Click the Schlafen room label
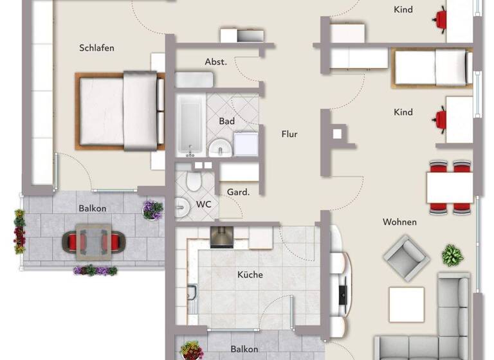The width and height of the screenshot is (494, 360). point(96,48)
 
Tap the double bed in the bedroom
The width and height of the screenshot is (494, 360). point(120,111)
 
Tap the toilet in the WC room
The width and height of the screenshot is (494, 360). point(191,183)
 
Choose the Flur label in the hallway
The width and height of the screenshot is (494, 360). point(289,134)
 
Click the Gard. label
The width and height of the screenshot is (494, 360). point(238,192)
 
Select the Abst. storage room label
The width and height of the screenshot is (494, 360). point(215,62)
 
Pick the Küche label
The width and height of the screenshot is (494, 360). point(250,274)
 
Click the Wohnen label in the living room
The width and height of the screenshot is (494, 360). point(399,222)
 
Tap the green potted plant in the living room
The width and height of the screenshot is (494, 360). point(452,255)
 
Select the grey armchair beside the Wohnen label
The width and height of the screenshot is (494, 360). point(406,256)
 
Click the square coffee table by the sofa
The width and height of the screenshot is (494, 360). point(406,304)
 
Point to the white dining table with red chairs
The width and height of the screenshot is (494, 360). point(450,187)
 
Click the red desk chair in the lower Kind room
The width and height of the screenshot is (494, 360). point(441,120)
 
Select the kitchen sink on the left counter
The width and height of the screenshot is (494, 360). point(192,295)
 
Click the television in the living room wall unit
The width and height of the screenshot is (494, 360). point(342,294)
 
